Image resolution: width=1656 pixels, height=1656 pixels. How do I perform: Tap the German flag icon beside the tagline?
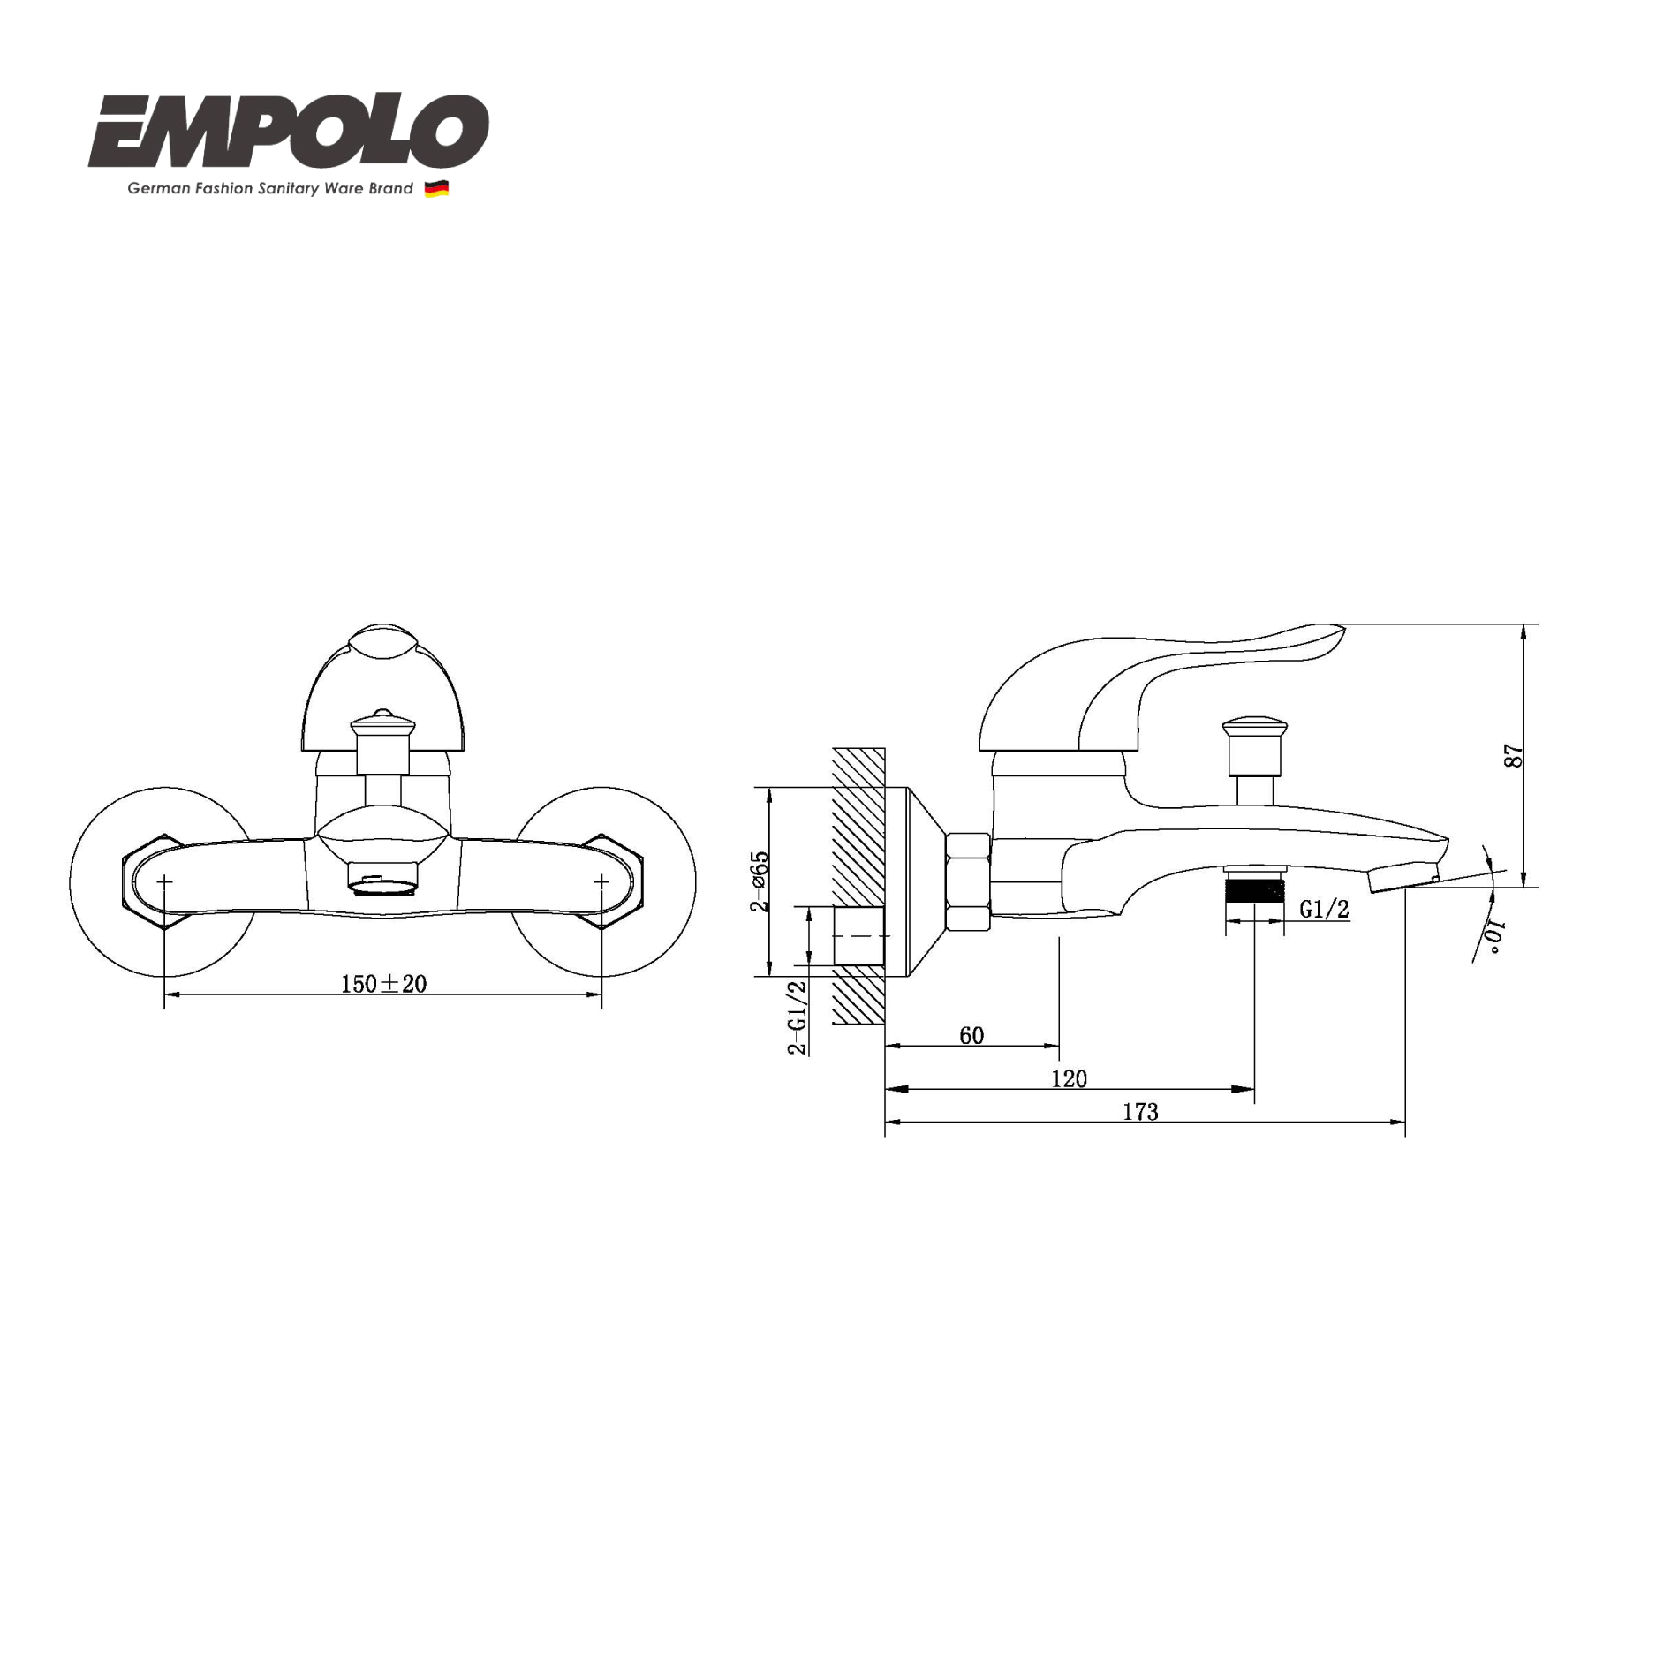pyautogui.click(x=436, y=189)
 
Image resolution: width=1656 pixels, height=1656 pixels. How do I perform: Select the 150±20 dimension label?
pyautogui.click(x=383, y=984)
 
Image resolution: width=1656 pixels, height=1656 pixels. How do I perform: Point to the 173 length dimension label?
pyautogui.click(x=1140, y=1112)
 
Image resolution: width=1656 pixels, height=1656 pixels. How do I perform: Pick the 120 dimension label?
pyautogui.click(x=1069, y=1078)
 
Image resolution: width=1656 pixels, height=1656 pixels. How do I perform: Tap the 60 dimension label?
pyautogui.click(x=972, y=1035)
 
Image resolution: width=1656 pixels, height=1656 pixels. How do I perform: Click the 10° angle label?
pyautogui.click(x=1493, y=937)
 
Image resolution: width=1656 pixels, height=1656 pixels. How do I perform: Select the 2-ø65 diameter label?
pyautogui.click(x=760, y=881)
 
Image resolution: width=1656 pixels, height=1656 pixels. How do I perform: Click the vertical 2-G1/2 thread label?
pyautogui.click(x=798, y=1017)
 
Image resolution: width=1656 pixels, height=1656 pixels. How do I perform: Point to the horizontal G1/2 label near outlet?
pyautogui.click(x=1324, y=909)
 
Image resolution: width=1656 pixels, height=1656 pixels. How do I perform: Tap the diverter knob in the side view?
pyautogui.click(x=1254, y=730)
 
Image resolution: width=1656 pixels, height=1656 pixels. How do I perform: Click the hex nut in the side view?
pyautogui.click(x=968, y=881)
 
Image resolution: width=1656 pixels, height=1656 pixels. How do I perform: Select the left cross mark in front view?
pyautogui.click(x=165, y=881)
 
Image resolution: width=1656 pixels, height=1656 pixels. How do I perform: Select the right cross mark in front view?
pyautogui.click(x=601, y=881)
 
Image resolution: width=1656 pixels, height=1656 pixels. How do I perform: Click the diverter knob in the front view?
pyautogui.click(x=382, y=727)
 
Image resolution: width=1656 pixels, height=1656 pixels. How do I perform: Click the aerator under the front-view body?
pyautogui.click(x=382, y=883)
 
